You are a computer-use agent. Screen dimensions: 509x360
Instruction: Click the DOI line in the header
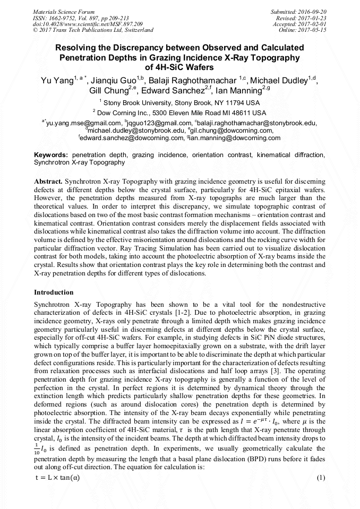[88, 24]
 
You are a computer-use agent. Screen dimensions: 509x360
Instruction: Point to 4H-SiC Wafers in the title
[179, 67]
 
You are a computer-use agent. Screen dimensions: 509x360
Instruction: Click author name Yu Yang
[56, 81]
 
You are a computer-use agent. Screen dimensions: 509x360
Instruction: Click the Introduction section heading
[54, 292]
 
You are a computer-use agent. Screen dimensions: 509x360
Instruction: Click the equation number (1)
[320, 478]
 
